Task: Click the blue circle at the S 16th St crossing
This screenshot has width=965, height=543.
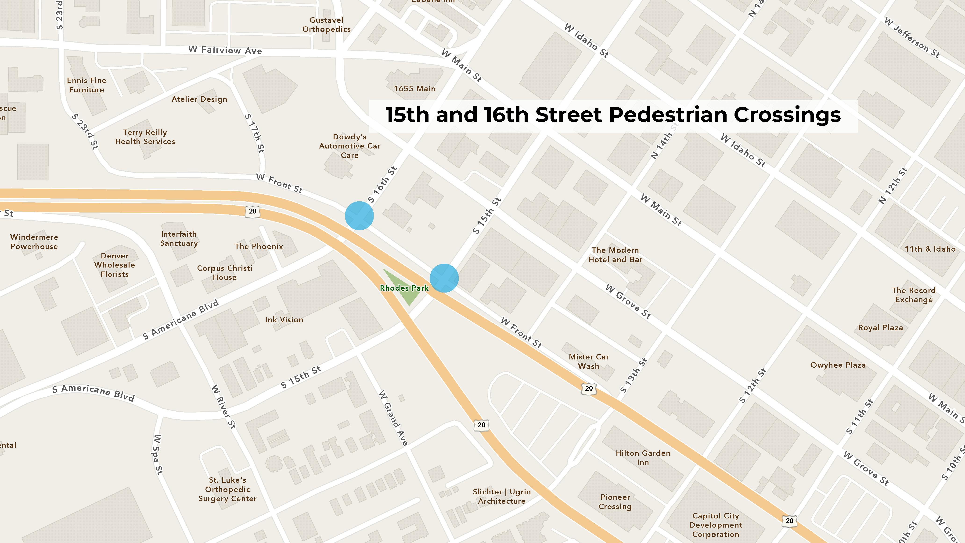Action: [359, 215]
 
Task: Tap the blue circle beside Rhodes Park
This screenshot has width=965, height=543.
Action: [444, 278]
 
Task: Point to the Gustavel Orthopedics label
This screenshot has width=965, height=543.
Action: [326, 25]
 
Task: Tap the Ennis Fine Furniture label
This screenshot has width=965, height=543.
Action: [86, 85]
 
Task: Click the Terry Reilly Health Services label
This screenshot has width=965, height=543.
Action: [145, 137]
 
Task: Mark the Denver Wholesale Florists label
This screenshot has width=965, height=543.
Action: [115, 265]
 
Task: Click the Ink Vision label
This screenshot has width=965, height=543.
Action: [284, 320]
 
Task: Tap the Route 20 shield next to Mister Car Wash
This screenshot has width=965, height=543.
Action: [589, 388]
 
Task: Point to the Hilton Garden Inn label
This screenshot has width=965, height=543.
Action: [643, 458]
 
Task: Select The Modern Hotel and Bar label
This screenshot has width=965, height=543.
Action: [615, 255]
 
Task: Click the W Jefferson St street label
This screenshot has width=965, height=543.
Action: [911, 37]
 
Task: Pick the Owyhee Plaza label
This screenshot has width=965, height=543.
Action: [838, 365]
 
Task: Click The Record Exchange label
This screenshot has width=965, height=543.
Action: [914, 295]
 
